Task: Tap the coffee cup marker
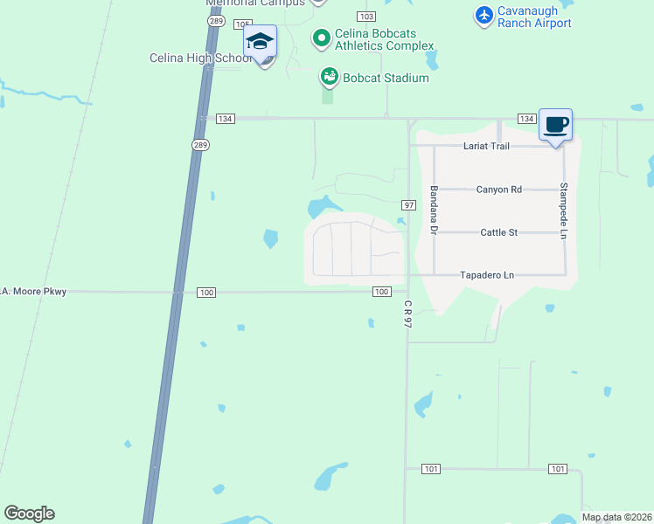(555, 125)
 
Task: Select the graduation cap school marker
(260, 42)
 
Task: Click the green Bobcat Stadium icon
(329, 78)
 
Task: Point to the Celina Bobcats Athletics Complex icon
(321, 38)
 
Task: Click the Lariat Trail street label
(488, 147)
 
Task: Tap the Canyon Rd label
(498, 190)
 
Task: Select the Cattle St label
(499, 232)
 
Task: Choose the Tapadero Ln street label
(487, 275)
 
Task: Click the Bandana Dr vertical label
(433, 208)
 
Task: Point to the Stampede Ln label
(564, 207)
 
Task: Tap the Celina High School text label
(200, 59)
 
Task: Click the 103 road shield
(366, 17)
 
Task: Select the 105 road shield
(243, 24)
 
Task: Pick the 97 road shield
(408, 204)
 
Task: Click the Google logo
(29, 514)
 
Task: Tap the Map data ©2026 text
(616, 517)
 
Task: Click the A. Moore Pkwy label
(35, 291)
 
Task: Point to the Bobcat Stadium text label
(386, 78)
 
